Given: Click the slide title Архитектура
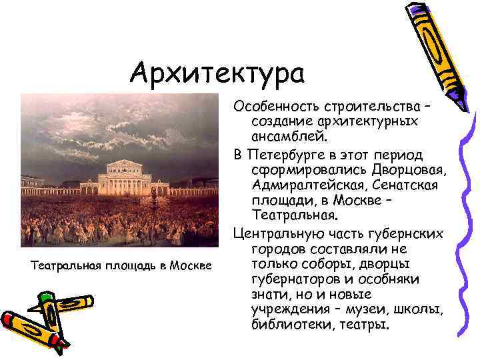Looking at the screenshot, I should coord(217,73).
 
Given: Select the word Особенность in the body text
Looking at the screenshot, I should coord(274,107).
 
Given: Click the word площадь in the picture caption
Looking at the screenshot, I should coord(119,266).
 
